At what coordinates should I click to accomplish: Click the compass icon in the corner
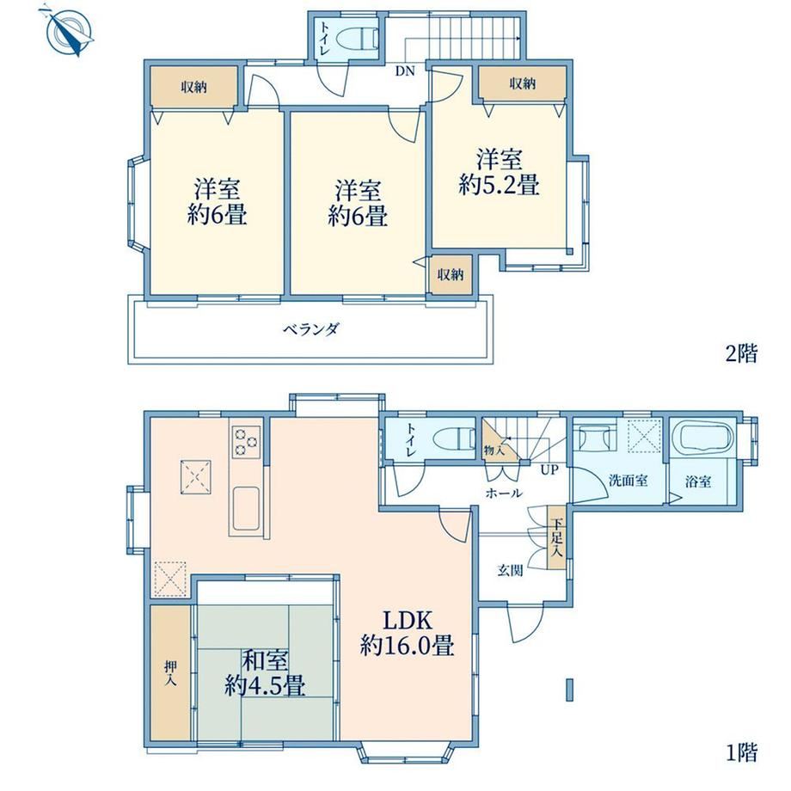click(69, 31)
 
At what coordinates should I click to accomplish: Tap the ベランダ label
click(311, 329)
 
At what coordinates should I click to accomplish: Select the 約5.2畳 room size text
click(499, 185)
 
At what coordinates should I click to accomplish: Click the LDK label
click(408, 621)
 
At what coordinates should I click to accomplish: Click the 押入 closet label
click(170, 673)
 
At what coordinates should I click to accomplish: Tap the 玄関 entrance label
click(510, 571)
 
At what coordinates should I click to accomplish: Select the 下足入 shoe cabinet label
click(556, 537)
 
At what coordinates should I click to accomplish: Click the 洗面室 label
click(628, 481)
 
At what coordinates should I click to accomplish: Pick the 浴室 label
click(698, 481)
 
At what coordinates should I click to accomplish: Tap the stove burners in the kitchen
click(246, 442)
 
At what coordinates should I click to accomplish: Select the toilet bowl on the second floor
click(357, 39)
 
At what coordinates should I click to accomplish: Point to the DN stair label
click(405, 71)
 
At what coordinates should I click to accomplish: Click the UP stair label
click(549, 469)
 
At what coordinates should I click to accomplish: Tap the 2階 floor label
click(741, 353)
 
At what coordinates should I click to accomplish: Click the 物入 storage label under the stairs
click(494, 450)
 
